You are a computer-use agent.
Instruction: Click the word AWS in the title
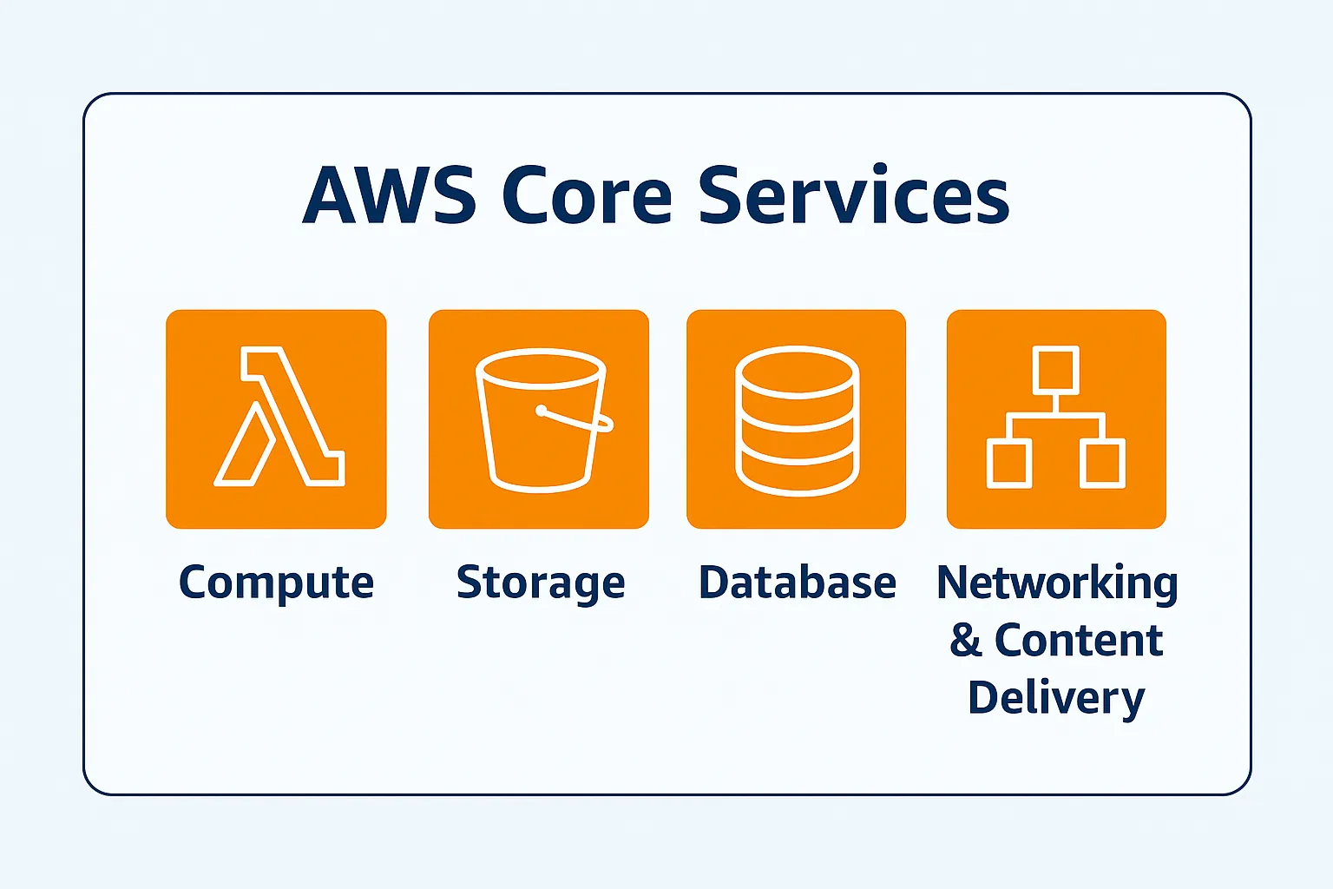tap(389, 195)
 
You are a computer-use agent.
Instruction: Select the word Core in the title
tap(587, 195)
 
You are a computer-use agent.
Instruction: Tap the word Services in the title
tap(854, 195)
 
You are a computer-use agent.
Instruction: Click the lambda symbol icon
tap(278, 417)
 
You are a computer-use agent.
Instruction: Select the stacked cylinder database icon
tap(797, 420)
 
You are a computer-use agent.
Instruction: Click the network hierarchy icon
tap(1056, 417)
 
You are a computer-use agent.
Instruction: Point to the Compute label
tap(276, 583)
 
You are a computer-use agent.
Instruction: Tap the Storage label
tap(541, 583)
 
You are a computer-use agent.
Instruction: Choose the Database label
tap(797, 583)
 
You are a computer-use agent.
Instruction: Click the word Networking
tap(1057, 583)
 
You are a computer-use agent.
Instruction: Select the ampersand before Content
tap(965, 640)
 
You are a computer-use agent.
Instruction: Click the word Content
tap(1078, 640)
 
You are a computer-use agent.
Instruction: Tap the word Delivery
tap(1056, 698)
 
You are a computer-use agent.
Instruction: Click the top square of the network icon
tap(1056, 370)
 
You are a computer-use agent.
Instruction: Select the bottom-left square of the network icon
tap(1009, 463)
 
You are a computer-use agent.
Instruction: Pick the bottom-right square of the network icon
tap(1103, 463)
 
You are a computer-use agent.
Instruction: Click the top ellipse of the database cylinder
tap(797, 371)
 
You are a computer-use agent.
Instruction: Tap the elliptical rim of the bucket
tap(541, 367)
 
